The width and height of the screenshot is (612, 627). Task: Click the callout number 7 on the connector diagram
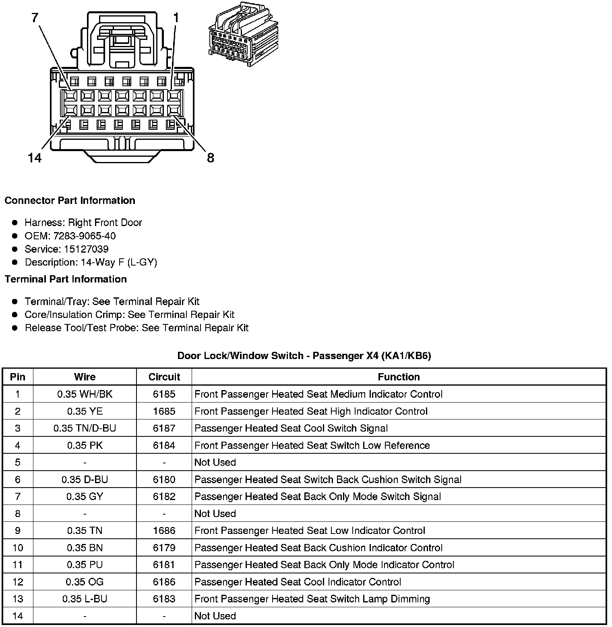(x=35, y=18)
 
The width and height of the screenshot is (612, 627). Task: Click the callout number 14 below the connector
(x=35, y=158)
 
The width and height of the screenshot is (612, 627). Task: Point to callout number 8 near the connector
(x=210, y=158)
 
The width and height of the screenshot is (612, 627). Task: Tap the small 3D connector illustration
(x=244, y=34)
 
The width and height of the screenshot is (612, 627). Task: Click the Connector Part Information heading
(x=70, y=201)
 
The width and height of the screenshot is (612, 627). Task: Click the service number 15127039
(x=86, y=249)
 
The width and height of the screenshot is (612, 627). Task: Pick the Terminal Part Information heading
(x=66, y=279)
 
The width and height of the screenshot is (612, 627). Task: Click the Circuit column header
(x=164, y=377)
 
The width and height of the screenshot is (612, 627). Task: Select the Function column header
(x=399, y=377)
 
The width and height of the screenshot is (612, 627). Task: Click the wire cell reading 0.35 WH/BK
(x=85, y=394)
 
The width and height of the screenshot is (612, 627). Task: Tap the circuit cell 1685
(x=164, y=411)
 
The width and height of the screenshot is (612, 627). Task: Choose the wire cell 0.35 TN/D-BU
(x=85, y=428)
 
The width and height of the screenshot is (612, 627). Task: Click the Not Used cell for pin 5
(x=215, y=462)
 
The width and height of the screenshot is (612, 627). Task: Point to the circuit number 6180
(x=164, y=480)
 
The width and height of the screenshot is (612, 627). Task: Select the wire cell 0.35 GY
(x=85, y=496)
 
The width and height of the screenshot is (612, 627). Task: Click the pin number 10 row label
(x=18, y=548)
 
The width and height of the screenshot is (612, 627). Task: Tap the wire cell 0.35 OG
(x=85, y=582)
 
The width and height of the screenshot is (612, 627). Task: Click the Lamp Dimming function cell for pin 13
(x=312, y=599)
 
